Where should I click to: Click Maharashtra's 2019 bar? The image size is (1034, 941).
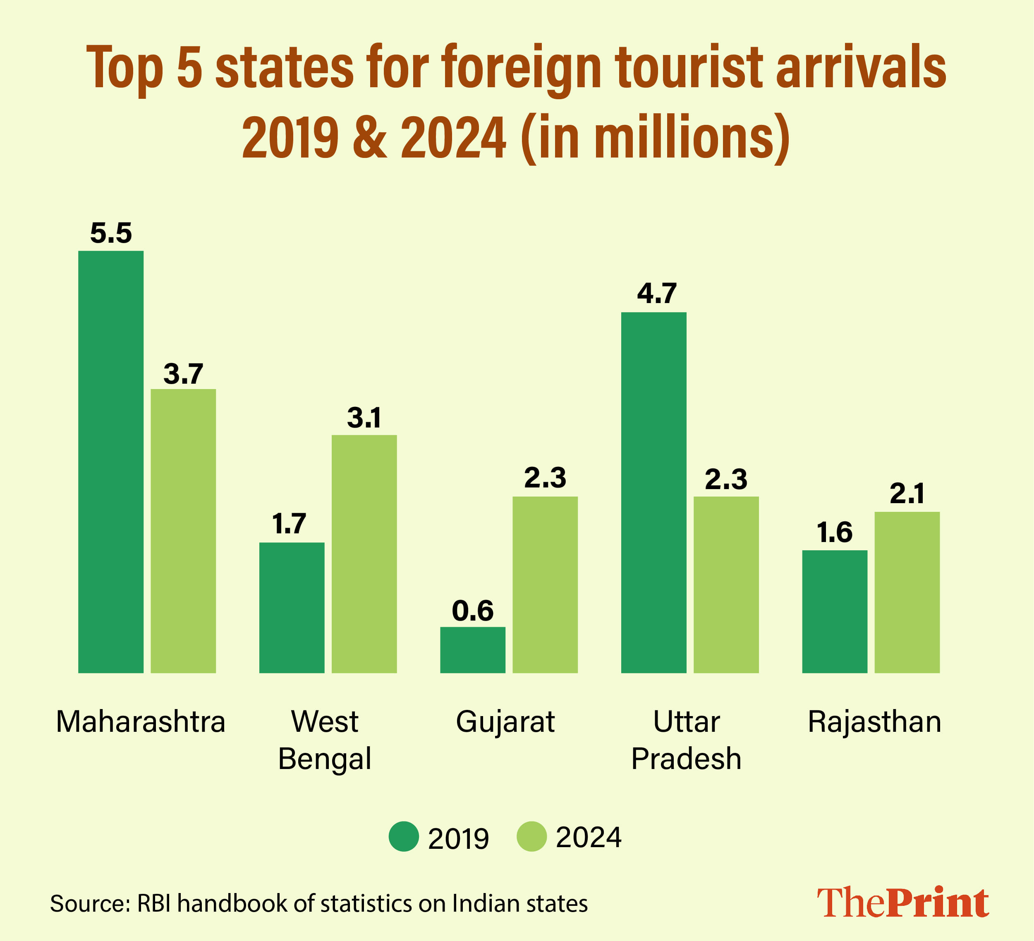(x=111, y=461)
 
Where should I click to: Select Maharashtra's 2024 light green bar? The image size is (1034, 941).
(x=183, y=531)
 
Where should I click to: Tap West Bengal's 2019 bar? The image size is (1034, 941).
(x=292, y=608)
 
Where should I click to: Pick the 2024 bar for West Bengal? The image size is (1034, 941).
(x=364, y=554)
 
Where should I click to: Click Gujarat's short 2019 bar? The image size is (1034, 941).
(x=473, y=650)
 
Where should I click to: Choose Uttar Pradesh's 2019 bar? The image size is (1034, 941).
(x=653, y=492)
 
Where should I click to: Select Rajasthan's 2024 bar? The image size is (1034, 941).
(x=907, y=592)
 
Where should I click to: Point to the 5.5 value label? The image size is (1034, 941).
(x=111, y=233)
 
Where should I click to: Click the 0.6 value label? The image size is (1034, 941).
(x=473, y=611)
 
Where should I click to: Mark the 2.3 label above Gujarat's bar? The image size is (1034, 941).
(x=545, y=478)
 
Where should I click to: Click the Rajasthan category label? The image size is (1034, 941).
(x=874, y=722)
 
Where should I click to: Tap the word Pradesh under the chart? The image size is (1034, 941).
(x=686, y=759)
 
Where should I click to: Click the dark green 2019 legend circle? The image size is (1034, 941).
(x=404, y=836)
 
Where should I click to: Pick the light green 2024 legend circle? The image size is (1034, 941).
(x=532, y=836)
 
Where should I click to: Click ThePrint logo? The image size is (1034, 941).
(x=903, y=902)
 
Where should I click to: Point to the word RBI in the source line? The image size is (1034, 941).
(x=154, y=903)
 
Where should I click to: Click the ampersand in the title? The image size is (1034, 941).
(x=370, y=137)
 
